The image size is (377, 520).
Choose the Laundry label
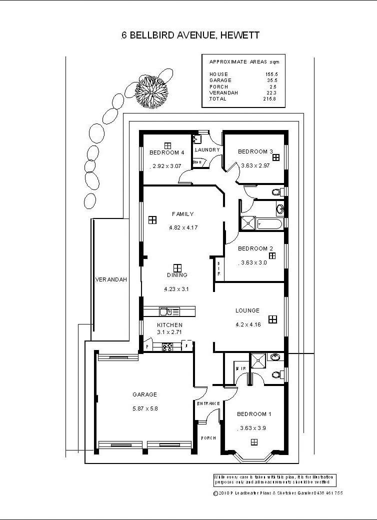207,150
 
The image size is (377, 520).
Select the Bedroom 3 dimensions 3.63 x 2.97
255,165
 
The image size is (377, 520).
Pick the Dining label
177,275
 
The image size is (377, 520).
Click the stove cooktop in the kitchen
167,346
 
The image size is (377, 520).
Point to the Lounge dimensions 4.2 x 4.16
247,324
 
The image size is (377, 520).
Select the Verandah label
111,279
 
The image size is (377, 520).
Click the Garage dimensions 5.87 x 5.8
145,408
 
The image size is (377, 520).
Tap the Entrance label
208,403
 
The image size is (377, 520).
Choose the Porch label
208,438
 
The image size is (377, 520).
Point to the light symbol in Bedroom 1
254,441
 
